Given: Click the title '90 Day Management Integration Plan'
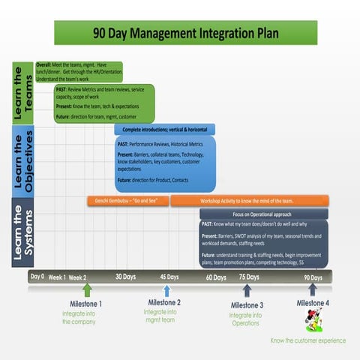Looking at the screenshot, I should [179, 33].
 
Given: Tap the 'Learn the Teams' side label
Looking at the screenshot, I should [22, 93].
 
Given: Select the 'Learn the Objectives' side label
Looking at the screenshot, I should [22, 161].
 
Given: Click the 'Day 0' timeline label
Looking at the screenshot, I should [37, 277].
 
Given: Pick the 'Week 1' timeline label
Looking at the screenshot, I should [58, 277].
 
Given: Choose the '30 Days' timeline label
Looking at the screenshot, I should [125, 277].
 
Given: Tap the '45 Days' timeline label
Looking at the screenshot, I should [169, 277].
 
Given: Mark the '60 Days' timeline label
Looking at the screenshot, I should [216, 277].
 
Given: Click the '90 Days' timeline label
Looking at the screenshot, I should [313, 277].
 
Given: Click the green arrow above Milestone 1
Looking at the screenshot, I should [87, 290].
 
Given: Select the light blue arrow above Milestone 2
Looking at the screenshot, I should [166, 290].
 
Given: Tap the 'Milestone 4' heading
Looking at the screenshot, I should [313, 303].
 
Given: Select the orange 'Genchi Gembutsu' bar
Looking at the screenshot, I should [127, 201].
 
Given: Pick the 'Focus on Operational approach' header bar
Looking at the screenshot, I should [262, 214].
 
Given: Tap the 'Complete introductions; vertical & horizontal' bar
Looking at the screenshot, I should [164, 130].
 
